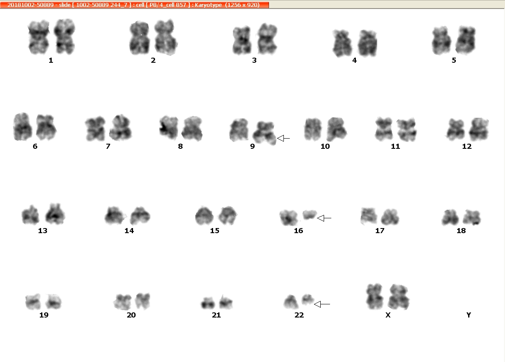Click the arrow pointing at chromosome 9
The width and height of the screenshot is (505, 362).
click(x=283, y=138)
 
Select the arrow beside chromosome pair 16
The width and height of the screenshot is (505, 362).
click(x=324, y=218)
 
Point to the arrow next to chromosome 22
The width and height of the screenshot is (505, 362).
click(x=322, y=304)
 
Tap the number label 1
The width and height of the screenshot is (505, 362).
click(x=50, y=60)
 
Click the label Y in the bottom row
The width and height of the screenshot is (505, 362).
click(x=469, y=315)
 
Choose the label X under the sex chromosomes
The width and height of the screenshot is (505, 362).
click(x=388, y=315)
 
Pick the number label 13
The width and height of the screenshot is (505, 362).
click(x=42, y=231)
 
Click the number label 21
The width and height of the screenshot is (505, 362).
click(x=216, y=315)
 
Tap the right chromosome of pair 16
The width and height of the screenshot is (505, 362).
click(x=310, y=214)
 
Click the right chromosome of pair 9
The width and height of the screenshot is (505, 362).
click(x=264, y=133)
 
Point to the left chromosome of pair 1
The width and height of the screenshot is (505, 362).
click(x=39, y=37)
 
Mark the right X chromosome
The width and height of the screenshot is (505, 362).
click(x=398, y=297)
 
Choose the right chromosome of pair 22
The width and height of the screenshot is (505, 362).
click(x=308, y=299)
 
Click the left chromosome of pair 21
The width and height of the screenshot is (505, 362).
click(x=208, y=303)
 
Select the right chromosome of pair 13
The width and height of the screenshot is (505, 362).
click(x=55, y=214)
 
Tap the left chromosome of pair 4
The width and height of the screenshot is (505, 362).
click(x=342, y=43)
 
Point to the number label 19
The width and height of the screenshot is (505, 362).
click(x=44, y=315)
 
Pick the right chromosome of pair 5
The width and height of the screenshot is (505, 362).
click(x=466, y=40)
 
